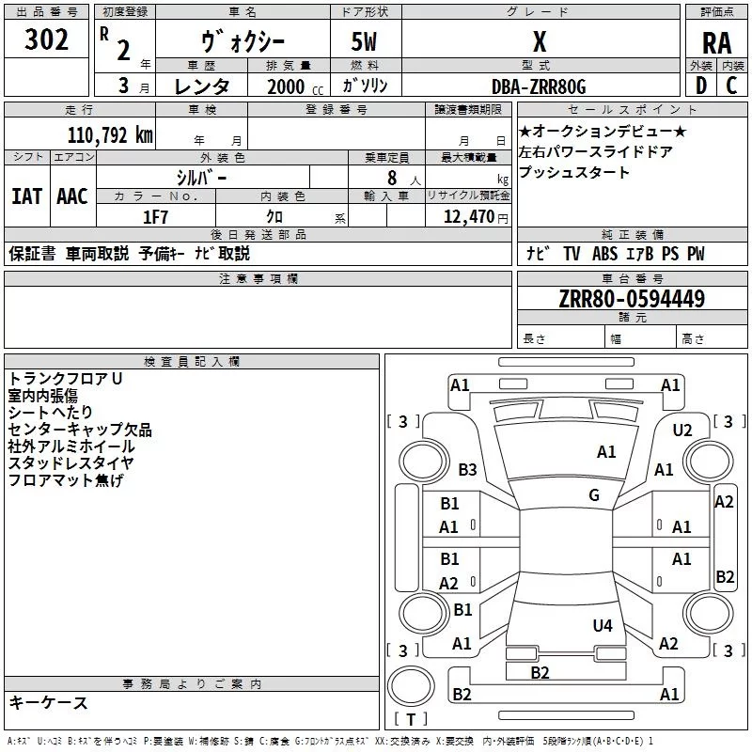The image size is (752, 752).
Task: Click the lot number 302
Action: tap(46, 39)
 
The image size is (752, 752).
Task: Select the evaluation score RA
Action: tap(717, 43)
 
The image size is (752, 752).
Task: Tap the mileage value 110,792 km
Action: tap(110, 135)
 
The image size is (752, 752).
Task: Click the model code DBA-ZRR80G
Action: tap(539, 86)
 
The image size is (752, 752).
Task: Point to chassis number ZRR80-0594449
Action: tap(632, 299)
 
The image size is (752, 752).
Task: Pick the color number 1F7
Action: tap(155, 217)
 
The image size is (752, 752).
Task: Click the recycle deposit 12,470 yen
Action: tap(476, 217)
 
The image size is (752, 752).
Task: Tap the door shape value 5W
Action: tap(364, 41)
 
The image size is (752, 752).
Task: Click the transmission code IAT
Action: tap(27, 196)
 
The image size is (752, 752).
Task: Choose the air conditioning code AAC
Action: tap(72, 196)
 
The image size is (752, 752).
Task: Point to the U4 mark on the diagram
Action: tap(603, 625)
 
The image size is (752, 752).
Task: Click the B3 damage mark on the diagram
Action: tap(467, 469)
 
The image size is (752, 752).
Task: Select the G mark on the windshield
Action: tap(594, 495)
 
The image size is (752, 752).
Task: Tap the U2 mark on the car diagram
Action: tap(682, 431)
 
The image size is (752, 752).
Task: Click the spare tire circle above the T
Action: tap(411, 686)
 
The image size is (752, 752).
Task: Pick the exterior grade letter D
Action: tap(701, 86)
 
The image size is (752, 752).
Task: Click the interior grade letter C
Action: tap(731, 86)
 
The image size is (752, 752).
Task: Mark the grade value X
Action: tap(540, 42)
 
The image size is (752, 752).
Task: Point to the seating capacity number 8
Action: tap(392, 178)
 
